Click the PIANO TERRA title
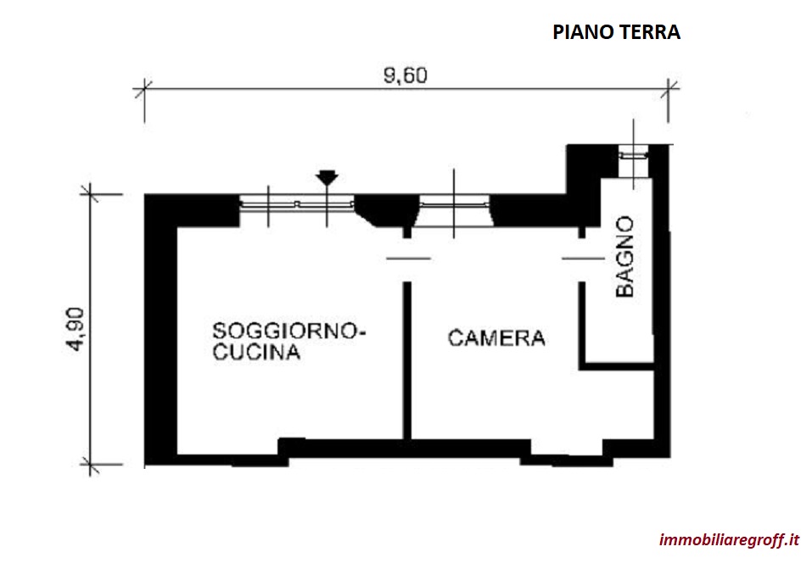tap(616, 32)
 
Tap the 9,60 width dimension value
tap(406, 75)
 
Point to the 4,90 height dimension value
tap(76, 330)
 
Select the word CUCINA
tap(256, 352)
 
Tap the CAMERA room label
tap(496, 337)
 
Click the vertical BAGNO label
tap(625, 257)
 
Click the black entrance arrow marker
tap(327, 177)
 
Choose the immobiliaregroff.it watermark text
tap(729, 539)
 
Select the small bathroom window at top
tap(633, 153)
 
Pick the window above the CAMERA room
tap(454, 204)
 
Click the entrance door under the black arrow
tap(297, 204)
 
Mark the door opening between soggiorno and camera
tap(407, 258)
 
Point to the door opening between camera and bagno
tap(582, 258)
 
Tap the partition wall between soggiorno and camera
tap(407, 360)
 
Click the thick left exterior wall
tap(160, 330)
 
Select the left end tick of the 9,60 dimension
tap(143, 90)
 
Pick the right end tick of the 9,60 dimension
tap(668, 90)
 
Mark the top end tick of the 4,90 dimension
tap(90, 194)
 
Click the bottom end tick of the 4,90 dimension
tap(90, 465)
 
